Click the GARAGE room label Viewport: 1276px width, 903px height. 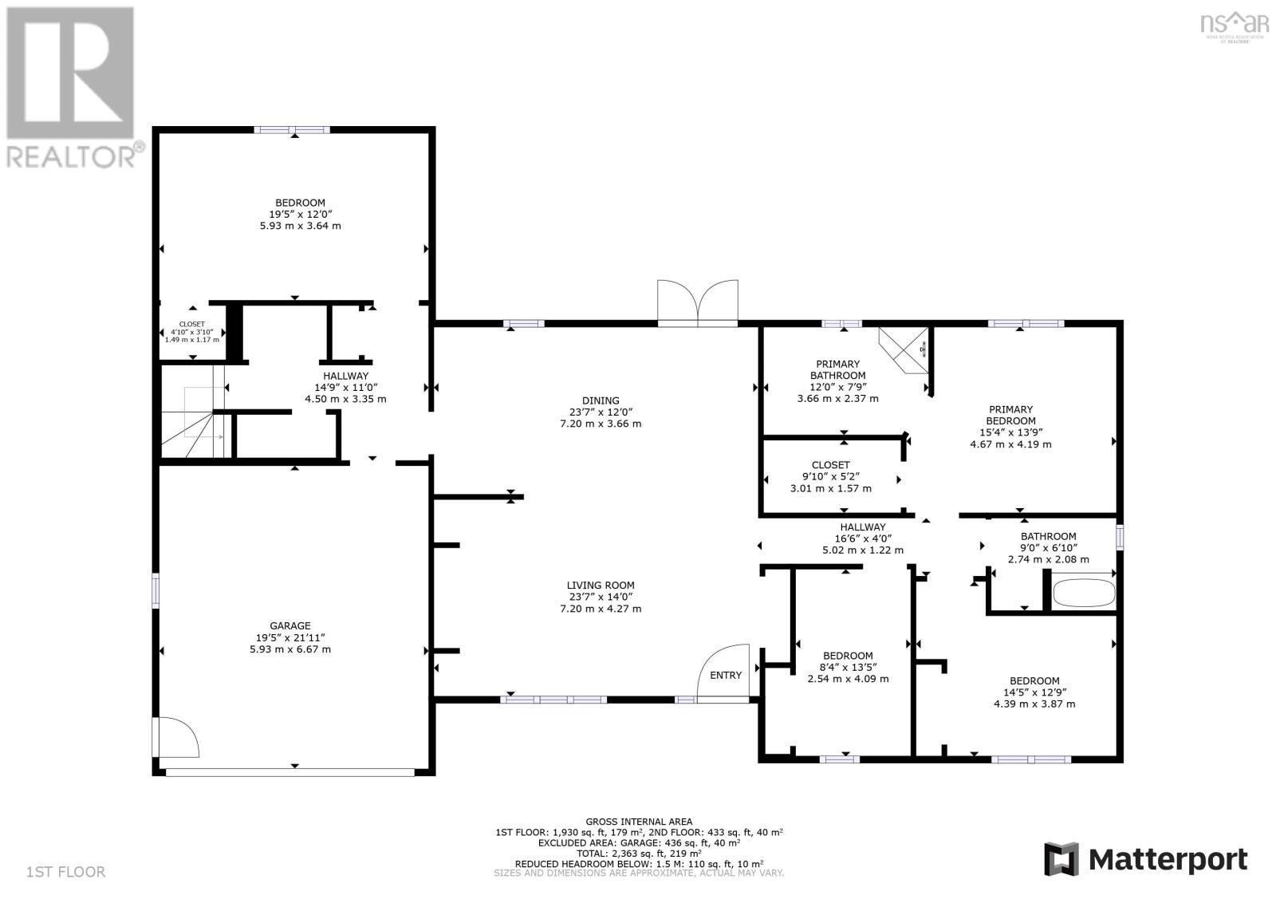coord(289,626)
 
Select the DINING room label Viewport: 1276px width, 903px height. coord(601,401)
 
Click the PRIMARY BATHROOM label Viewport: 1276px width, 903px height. coord(837,369)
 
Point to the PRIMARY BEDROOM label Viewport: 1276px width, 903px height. coord(1010,415)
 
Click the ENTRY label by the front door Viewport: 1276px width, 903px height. coord(725,676)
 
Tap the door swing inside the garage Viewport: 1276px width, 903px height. coord(177,736)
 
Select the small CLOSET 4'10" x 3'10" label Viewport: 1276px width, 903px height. coord(191,325)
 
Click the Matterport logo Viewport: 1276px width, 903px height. coord(1146,859)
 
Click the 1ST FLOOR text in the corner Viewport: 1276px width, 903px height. coord(65,872)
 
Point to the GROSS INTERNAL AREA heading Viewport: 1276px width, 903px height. coord(638,822)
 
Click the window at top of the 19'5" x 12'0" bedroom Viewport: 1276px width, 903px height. coord(292,129)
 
